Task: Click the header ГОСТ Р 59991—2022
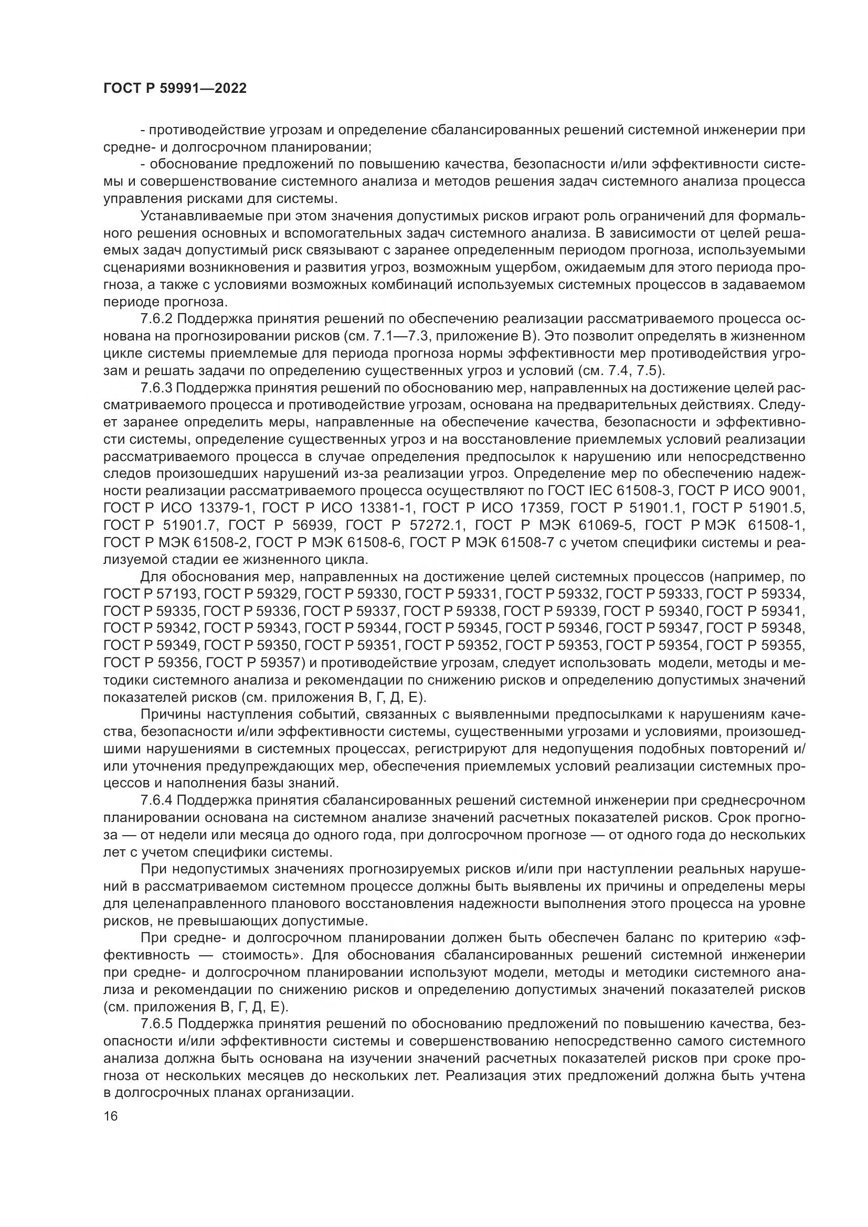[x=175, y=89]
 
